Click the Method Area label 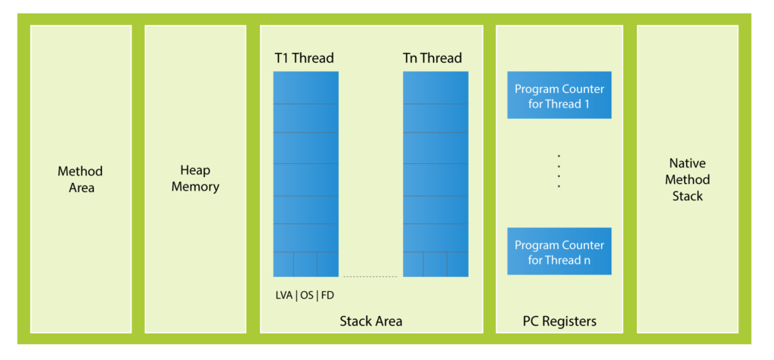(80, 179)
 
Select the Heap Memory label (195, 178)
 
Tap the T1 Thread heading (304, 58)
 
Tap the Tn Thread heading (432, 58)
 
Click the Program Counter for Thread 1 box (559, 96)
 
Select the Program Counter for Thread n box (559, 252)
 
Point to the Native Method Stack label (687, 179)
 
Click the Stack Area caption (371, 321)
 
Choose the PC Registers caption (559, 321)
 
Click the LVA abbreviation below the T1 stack (284, 295)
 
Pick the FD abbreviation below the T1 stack (327, 295)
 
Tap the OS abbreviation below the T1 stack (307, 295)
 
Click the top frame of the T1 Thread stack (305, 88)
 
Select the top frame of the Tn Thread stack (435, 88)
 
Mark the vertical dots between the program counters (559, 171)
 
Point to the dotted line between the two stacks (370, 277)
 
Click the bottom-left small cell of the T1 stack (283, 264)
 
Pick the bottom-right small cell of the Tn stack (457, 264)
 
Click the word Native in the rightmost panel (687, 163)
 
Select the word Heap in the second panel (195, 171)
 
